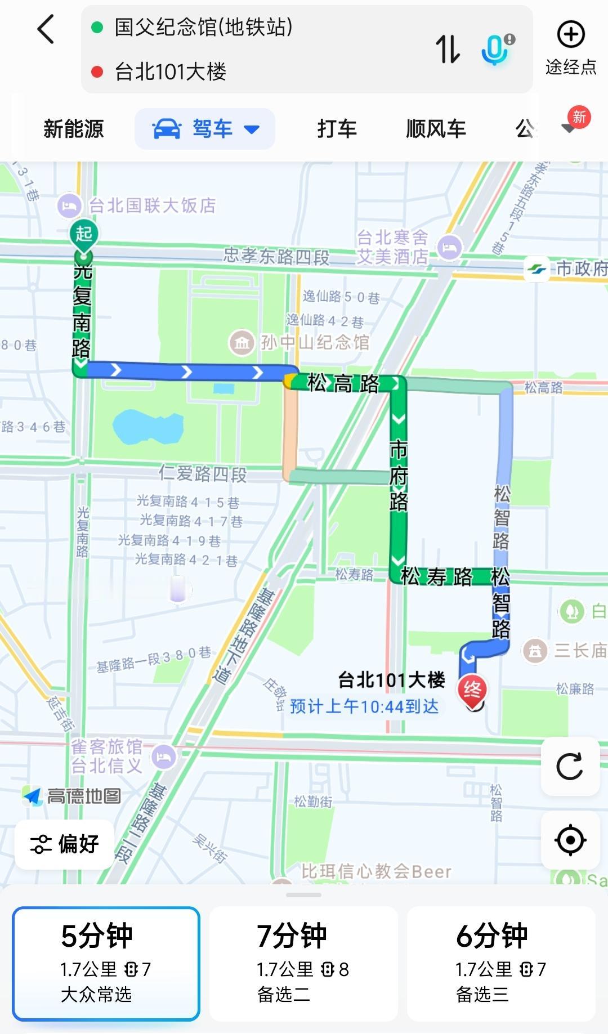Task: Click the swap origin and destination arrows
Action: (448, 49)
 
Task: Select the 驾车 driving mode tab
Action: (205, 129)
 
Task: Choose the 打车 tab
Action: (337, 129)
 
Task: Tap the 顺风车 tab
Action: (436, 129)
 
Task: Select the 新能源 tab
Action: (74, 129)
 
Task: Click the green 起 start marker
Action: (84, 234)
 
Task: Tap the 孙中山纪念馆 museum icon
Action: (242, 342)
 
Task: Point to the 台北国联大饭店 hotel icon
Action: (70, 205)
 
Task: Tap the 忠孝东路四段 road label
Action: (276, 256)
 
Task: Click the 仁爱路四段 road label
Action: (203, 473)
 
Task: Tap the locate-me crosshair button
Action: (570, 840)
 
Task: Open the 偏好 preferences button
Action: (65, 844)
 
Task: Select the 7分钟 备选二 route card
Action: (303, 963)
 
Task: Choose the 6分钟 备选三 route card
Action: (501, 963)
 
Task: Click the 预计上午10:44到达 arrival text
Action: (364, 706)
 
